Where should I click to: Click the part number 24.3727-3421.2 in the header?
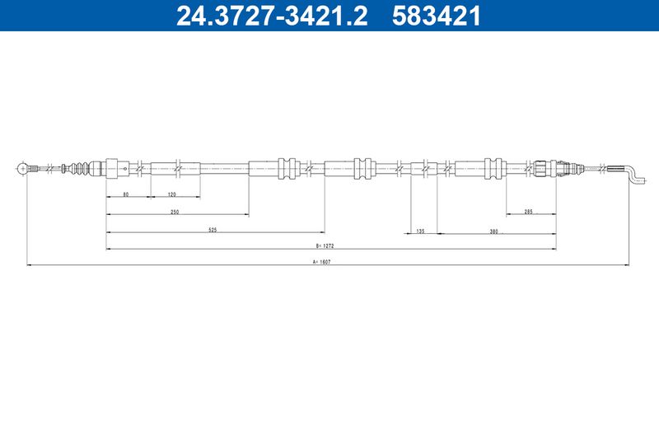pos(272,16)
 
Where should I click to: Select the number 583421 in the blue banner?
pos(437,16)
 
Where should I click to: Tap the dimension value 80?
pos(126,194)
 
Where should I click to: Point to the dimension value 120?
pos(171,194)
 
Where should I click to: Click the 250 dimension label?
pos(175,212)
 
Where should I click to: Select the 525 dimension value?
pos(213,230)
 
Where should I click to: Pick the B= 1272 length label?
pos(325,245)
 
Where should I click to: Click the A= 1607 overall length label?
pos(321,262)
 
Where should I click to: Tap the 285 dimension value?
pos(528,212)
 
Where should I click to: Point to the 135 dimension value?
pos(420,231)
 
